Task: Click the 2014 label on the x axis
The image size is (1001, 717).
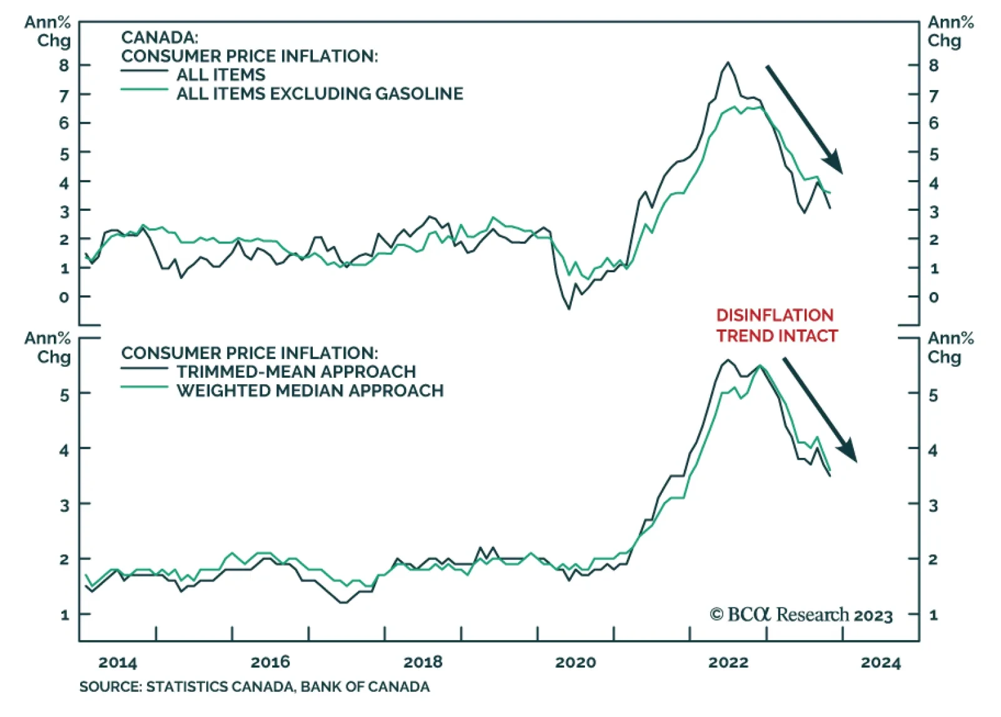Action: pos(118,662)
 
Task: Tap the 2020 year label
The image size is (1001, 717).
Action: pos(576,662)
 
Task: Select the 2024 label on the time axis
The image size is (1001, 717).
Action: pos(880,662)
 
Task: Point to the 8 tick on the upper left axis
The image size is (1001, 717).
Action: pos(64,65)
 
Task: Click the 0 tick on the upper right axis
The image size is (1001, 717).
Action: pos(933,297)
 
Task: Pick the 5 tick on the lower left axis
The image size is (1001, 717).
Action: pos(64,395)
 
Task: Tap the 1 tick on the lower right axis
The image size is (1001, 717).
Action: pos(933,615)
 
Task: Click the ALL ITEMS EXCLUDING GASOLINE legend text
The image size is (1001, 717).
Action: pos(320,94)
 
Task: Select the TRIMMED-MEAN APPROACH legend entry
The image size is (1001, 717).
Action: pos(296,372)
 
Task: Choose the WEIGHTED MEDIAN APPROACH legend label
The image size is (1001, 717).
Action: pos(310,391)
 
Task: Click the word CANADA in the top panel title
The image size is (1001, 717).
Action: pos(159,38)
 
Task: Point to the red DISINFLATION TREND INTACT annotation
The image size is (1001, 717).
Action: pos(776,325)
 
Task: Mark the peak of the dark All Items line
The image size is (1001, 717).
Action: pos(728,63)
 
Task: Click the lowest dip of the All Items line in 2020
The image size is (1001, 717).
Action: pos(569,308)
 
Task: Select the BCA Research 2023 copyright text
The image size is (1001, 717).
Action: pos(801,614)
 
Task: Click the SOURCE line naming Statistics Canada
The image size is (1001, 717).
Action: pos(254,687)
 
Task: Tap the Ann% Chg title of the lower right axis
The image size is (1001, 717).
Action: pos(950,347)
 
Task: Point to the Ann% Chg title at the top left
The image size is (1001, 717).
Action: pos(48,31)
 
